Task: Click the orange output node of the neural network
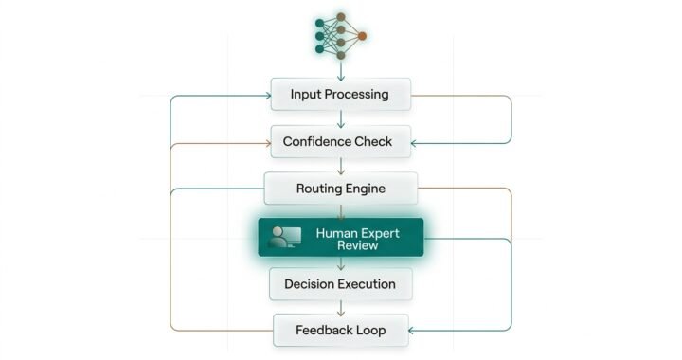pos(362,36)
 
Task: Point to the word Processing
pos(355,95)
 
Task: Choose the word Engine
pos(368,189)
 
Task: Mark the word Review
pos(357,245)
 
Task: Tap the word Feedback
pos(325,331)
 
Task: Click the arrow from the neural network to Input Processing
pos(341,68)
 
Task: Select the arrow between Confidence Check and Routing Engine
pos(341,166)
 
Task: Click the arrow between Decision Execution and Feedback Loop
pos(341,307)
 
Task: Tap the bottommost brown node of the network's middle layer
pos(341,55)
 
